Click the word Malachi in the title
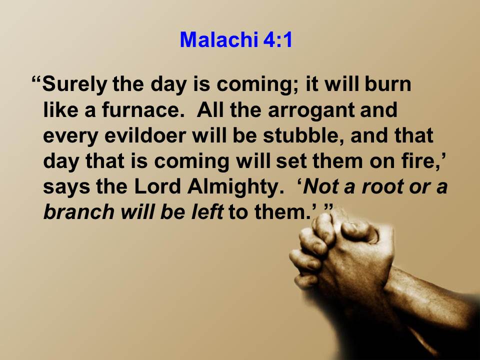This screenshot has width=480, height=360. [219, 40]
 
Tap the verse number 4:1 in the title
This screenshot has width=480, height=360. [277, 40]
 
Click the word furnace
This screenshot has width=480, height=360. [143, 110]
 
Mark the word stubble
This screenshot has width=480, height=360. [304, 135]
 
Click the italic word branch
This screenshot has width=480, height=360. [79, 212]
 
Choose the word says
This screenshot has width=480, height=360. [66, 187]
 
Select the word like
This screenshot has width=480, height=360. [61, 110]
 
